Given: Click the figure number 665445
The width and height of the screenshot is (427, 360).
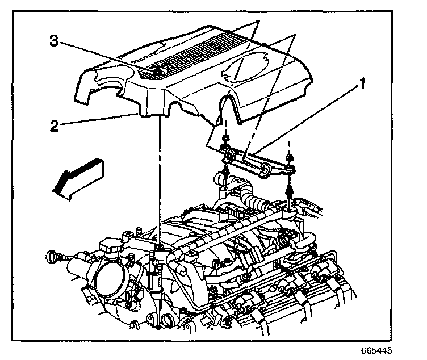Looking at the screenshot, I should coord(376,351).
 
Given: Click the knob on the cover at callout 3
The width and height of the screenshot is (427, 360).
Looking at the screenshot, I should coord(157,72).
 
